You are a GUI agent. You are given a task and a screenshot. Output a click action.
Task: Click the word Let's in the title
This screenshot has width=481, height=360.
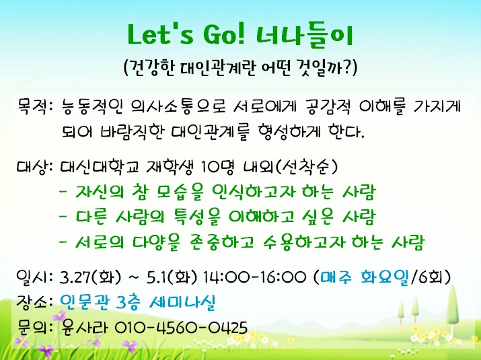tap(160, 34)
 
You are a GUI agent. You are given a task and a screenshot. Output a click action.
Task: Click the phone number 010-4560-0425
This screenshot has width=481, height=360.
tap(181, 328)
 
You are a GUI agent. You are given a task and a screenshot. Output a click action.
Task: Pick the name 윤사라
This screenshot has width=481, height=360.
tap(85, 327)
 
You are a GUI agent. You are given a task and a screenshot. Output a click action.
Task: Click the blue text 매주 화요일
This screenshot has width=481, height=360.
tap(365, 277)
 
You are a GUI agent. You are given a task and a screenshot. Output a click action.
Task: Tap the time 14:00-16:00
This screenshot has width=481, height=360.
tap(254, 277)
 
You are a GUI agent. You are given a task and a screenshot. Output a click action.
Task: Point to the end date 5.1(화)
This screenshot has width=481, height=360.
tap(172, 277)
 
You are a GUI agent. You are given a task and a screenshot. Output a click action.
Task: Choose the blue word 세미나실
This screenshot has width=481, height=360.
tap(182, 302)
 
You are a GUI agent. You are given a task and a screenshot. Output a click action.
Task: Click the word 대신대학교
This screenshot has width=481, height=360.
tap(100, 167)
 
